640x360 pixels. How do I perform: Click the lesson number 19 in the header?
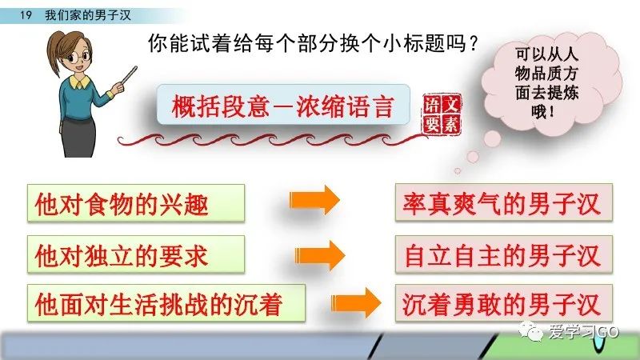point(26,15)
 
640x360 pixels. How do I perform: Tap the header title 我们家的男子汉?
point(88,15)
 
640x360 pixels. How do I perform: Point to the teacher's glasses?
point(79,55)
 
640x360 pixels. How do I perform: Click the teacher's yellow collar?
point(79,82)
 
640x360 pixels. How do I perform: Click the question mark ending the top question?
point(473,43)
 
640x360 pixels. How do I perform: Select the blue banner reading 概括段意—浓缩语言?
point(283,105)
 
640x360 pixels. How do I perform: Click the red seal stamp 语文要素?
point(442,114)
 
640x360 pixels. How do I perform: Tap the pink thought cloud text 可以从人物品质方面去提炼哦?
point(546,82)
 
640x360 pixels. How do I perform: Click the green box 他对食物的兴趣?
point(136,203)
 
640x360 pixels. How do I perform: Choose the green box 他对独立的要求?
point(136,254)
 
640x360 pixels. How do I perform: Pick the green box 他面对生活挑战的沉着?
point(166,304)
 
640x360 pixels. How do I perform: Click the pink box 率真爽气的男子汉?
point(504,203)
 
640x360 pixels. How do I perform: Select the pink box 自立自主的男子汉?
point(504,254)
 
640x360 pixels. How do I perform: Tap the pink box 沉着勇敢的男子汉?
point(504,304)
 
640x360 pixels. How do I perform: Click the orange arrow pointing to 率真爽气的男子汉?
point(314,199)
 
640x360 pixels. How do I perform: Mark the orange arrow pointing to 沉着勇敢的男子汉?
point(355,303)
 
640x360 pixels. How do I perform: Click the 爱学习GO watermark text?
point(584,332)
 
